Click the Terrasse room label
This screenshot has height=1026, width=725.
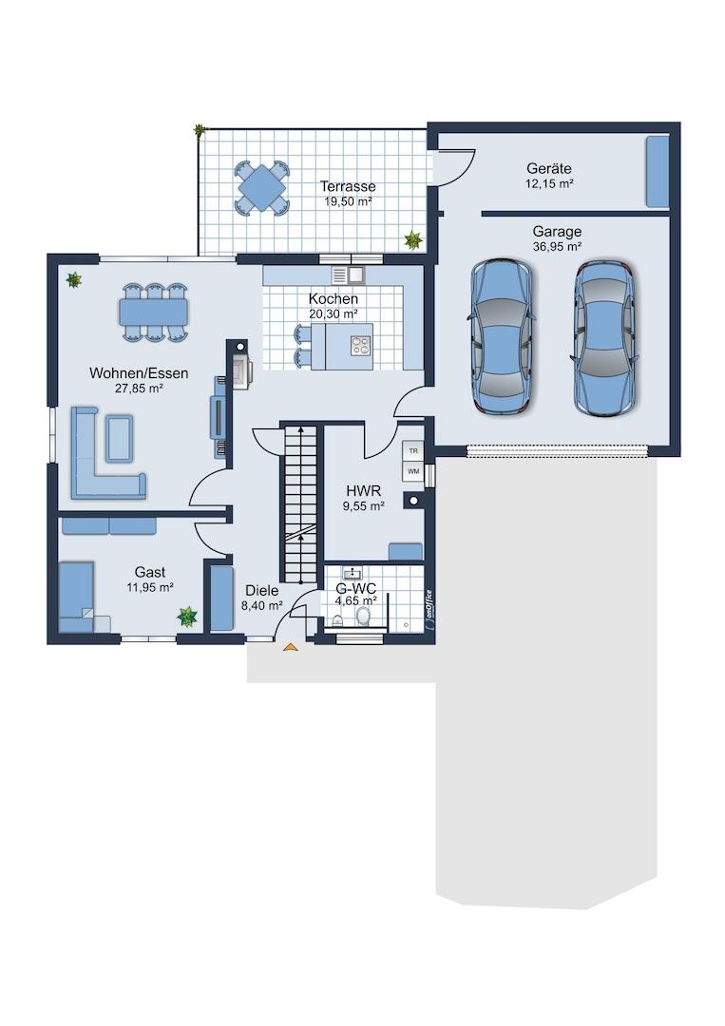tap(348, 186)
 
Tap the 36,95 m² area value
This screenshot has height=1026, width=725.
tap(557, 247)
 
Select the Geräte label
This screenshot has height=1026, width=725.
tap(549, 169)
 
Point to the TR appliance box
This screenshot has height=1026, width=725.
tap(413, 451)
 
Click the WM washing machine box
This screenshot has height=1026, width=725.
tap(413, 470)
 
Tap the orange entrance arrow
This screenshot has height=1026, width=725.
tap(290, 647)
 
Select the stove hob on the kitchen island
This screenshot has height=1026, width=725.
tap(360, 346)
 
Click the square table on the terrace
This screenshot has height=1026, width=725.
tap(261, 187)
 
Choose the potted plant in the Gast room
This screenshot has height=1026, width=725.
tap(187, 617)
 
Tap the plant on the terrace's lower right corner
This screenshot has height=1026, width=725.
tap(413, 239)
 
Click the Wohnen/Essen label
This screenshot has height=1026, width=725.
tap(139, 373)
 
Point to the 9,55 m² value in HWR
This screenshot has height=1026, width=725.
tap(363, 505)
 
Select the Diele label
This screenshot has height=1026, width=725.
tap(261, 591)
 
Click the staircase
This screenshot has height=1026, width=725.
tap(300, 503)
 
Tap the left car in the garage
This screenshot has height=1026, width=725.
tap(502, 335)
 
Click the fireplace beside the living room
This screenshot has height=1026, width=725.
tap(239, 372)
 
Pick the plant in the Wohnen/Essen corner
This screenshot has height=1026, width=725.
tap(74, 280)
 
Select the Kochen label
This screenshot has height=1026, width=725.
tap(334, 299)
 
